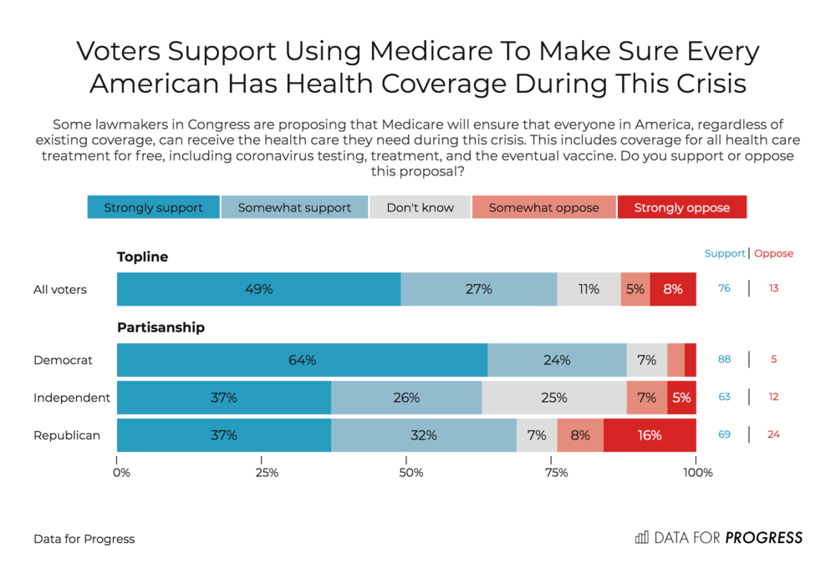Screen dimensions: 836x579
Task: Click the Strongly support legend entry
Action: [154, 207]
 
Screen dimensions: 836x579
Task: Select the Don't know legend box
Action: [421, 207]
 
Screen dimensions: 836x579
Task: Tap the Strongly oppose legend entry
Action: [682, 207]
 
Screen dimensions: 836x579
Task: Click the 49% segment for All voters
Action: [259, 289]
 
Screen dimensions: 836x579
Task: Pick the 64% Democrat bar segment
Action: [303, 360]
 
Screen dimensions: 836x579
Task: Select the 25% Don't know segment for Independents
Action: [554, 398]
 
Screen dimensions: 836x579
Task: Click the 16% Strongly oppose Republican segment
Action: [650, 435]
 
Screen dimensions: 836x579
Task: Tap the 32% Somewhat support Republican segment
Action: [424, 435]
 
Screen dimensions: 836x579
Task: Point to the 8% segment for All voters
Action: [673, 289]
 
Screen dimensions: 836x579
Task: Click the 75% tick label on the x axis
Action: [556, 472]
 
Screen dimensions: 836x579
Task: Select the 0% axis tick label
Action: [121, 472]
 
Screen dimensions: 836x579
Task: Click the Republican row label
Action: [67, 435]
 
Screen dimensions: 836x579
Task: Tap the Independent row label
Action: [71, 398]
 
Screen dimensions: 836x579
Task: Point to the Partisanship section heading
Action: [161, 327]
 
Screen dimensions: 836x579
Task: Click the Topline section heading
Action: [142, 256]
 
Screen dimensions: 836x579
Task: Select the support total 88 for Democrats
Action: [724, 359]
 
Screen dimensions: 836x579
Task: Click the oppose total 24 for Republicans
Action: [773, 434]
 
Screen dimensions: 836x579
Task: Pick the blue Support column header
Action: [725, 253]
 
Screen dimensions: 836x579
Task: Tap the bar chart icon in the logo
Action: [642, 537]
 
